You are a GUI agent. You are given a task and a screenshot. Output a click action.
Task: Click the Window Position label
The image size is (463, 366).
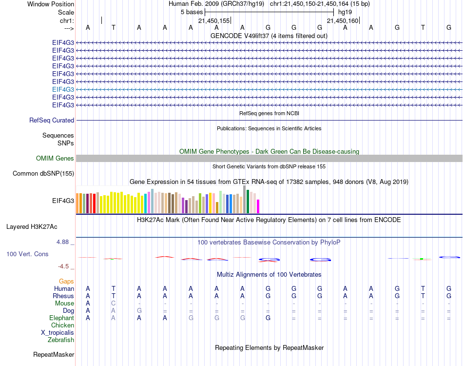51,4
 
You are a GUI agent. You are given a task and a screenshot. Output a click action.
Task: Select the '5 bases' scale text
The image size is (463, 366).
192,12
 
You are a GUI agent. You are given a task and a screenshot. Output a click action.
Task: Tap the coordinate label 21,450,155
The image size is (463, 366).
213,20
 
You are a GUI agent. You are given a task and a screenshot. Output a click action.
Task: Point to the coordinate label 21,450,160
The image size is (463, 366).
342,20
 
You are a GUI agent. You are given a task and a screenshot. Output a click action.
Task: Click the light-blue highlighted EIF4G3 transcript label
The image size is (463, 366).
63,89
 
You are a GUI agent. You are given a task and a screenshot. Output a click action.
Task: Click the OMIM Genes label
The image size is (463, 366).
55,159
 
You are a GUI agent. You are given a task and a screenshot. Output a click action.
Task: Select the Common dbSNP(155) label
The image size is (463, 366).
43,173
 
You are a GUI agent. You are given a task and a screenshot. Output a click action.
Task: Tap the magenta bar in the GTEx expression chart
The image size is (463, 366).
258,206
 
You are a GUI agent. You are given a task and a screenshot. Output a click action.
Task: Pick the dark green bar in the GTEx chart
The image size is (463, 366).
248,201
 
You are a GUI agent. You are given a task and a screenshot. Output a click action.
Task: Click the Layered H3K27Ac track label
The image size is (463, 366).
32,227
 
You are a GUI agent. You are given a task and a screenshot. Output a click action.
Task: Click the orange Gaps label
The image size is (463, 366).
66,282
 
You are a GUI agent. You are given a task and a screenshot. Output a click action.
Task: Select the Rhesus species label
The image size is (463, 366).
64,296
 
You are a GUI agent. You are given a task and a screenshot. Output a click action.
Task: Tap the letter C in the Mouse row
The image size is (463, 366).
114,304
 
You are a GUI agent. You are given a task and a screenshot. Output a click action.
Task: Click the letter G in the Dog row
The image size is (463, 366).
139,311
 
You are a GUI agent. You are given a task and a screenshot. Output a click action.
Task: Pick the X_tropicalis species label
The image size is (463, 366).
58,333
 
